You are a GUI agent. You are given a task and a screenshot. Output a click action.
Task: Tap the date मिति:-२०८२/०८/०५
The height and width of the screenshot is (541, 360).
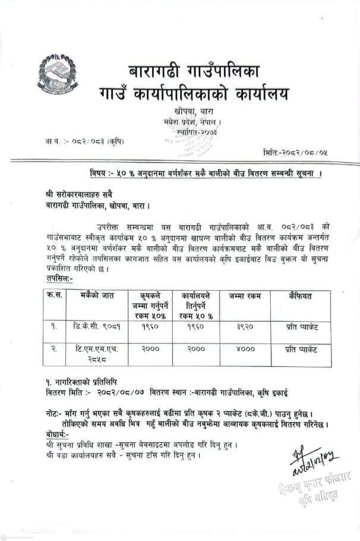click(295, 153)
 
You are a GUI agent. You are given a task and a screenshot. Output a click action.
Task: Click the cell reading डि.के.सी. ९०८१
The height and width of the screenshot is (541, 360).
click(94, 326)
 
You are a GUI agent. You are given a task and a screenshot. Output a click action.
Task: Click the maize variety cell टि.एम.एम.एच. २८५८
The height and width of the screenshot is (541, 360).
click(94, 354)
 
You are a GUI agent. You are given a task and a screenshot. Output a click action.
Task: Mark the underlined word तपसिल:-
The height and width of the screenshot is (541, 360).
click(59, 278)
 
